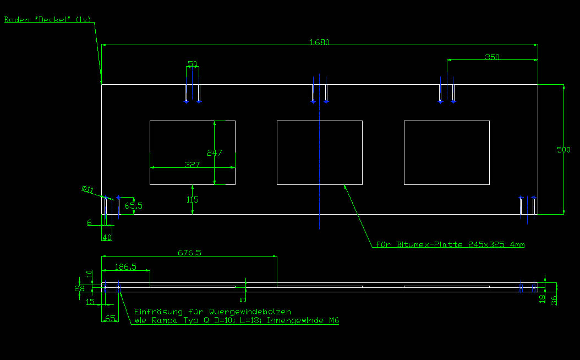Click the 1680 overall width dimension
click(x=319, y=42)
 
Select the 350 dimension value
click(x=492, y=57)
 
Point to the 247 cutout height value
click(x=214, y=152)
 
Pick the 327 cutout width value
click(x=192, y=165)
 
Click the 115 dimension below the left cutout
click(x=191, y=200)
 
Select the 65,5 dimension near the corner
click(x=134, y=206)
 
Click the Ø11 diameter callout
click(x=87, y=190)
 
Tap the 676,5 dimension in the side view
click(x=189, y=253)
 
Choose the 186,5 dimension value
click(x=125, y=266)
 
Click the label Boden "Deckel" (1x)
click(x=47, y=19)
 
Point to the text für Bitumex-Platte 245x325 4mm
click(x=450, y=244)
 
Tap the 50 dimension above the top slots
click(x=192, y=64)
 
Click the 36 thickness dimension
click(x=554, y=300)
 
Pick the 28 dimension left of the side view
click(x=79, y=288)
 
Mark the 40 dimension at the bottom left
click(x=107, y=237)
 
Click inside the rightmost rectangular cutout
click(x=446, y=152)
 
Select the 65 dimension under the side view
click(x=110, y=318)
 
